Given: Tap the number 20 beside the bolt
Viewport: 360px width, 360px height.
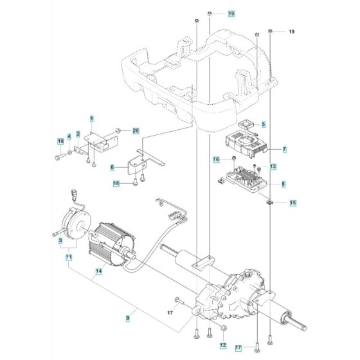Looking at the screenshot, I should [136, 131].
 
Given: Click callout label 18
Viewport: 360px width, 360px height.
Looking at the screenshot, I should [116, 184].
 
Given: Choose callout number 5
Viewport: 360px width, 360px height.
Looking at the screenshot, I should [263, 123].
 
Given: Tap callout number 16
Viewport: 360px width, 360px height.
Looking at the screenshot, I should [235, 159].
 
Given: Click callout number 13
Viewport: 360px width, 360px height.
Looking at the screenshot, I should [273, 166].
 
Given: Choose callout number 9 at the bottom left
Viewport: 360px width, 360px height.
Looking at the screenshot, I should [127, 316].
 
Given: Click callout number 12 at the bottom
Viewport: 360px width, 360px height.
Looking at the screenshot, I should [223, 346].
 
